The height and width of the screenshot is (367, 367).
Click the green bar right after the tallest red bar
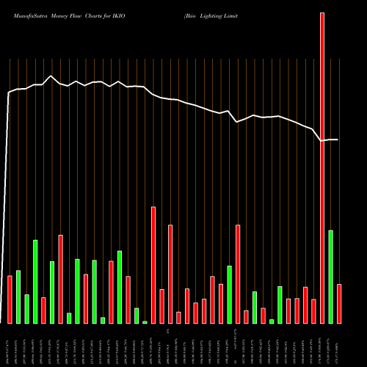[x=330, y=277]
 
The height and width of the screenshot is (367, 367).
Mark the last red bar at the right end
[x=339, y=304]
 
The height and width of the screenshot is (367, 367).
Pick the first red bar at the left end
[x=10, y=299]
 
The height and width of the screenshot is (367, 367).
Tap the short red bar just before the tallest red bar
[x=313, y=311]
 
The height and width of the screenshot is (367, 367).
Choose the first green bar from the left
[x=18, y=297]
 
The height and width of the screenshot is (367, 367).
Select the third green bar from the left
[x=34, y=281]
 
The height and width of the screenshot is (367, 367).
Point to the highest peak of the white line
[x=51, y=76]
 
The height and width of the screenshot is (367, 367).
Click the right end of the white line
[x=338, y=139]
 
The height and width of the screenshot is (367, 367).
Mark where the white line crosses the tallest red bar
[x=321, y=140]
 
